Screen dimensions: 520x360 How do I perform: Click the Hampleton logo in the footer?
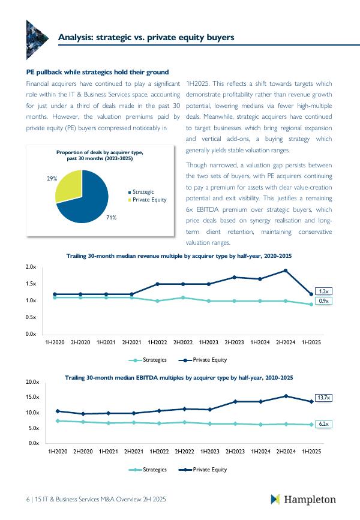tap(303, 500)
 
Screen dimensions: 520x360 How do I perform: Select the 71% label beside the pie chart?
tap(111, 217)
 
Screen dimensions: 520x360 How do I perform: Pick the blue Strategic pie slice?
tap(87, 201)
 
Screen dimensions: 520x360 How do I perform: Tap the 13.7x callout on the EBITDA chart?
tap(325, 397)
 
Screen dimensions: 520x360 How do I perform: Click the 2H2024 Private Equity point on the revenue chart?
tap(286, 270)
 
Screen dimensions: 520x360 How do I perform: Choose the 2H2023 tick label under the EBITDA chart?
tap(235, 451)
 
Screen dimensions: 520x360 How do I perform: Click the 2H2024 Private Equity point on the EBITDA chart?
tap(286, 396)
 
